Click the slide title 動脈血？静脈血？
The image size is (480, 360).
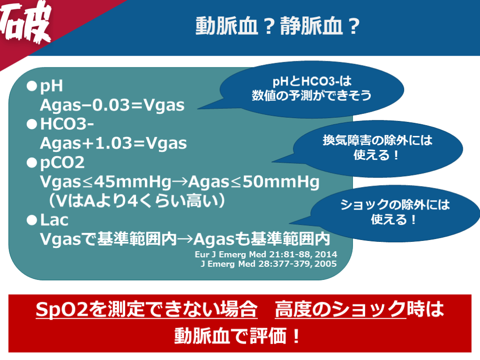tap(277, 26)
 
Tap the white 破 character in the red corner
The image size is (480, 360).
tap(25, 22)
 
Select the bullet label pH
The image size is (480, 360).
tap(52, 86)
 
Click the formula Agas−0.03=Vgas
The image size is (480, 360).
tap(112, 105)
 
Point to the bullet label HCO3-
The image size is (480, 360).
tap(67, 124)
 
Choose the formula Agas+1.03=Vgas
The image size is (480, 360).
tap(113, 143)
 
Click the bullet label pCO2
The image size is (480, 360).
tap(62, 163)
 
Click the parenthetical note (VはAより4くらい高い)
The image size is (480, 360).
tap(137, 201)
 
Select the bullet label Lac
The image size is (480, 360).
tap(54, 220)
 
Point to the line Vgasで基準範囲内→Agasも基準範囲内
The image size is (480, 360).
tap(185, 239)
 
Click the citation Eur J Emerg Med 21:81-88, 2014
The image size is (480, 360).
tap(266, 254)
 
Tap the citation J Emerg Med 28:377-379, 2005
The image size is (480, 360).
tap(269, 263)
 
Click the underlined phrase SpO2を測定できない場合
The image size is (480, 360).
tap(147, 309)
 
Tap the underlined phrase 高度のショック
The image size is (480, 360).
tap(340, 309)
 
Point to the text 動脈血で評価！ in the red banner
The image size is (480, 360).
tap(238, 336)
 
